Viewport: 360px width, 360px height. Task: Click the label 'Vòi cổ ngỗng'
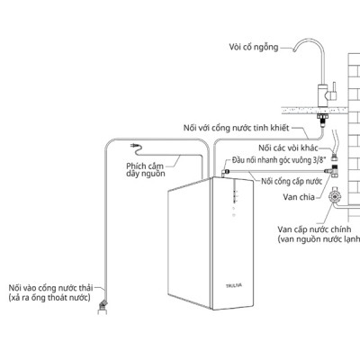pyautogui.click(x=254, y=47)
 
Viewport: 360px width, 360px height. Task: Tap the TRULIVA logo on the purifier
pyautogui.click(x=234, y=285)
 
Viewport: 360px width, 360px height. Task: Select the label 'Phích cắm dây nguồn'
pyautogui.click(x=146, y=170)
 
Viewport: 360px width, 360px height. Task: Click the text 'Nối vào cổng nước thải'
pyautogui.click(x=50, y=288)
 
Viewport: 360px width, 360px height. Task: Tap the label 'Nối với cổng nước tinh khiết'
pyautogui.click(x=237, y=128)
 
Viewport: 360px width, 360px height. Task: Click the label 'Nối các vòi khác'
pyautogui.click(x=288, y=148)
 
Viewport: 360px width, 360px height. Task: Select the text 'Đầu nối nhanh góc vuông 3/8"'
pyautogui.click(x=279, y=160)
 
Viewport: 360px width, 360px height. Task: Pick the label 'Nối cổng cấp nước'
pyautogui.click(x=292, y=181)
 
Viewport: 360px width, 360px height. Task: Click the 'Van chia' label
pyautogui.click(x=299, y=197)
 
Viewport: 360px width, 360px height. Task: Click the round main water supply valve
pyautogui.click(x=334, y=196)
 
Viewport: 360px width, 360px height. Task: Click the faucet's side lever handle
pyautogui.click(x=332, y=94)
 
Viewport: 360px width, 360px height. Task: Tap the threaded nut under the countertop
pyautogui.click(x=323, y=119)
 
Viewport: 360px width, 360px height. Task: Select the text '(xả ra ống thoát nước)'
pyautogui.click(x=49, y=298)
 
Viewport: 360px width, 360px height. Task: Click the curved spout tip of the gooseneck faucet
pyautogui.click(x=294, y=50)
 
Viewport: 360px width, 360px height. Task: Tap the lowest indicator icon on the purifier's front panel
pyautogui.click(x=234, y=215)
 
